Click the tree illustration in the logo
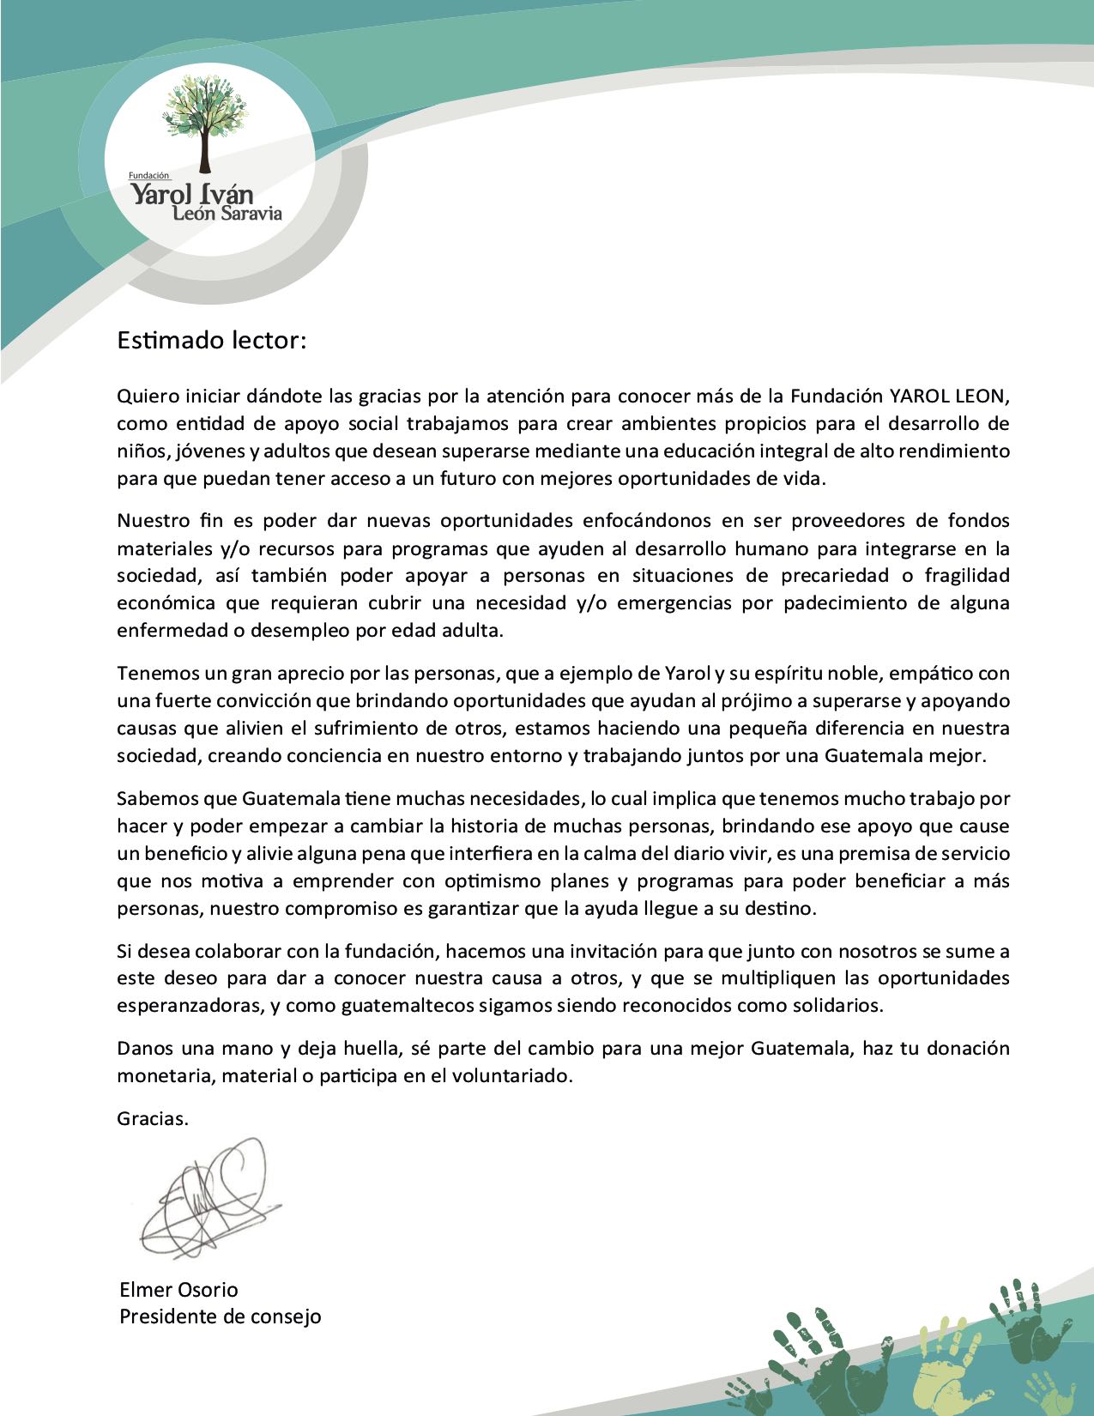point(205,121)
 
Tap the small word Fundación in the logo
point(149,175)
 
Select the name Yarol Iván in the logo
point(191,193)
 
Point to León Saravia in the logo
point(227,214)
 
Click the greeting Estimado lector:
point(211,341)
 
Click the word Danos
point(143,1049)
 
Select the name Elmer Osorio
point(178,1290)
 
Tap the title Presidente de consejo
point(220,1316)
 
